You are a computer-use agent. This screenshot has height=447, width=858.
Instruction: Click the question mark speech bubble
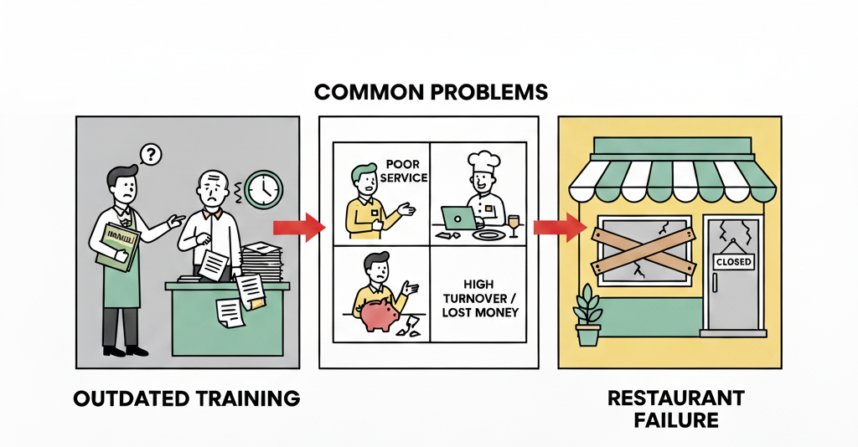click(x=151, y=154)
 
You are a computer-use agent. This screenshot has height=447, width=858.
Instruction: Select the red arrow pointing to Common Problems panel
click(x=297, y=225)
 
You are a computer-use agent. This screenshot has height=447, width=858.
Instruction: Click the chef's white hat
click(x=483, y=163)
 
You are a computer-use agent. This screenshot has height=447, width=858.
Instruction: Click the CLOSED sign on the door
click(x=733, y=262)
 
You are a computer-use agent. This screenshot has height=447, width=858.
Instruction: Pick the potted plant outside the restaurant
click(x=588, y=316)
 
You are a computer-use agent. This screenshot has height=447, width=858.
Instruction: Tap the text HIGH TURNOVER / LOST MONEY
click(x=478, y=299)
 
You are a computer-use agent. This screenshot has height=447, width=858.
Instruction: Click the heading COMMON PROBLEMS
click(x=432, y=92)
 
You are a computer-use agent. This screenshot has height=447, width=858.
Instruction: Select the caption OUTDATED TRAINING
click(x=186, y=398)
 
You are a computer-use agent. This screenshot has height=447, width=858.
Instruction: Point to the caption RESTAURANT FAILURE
click(x=669, y=408)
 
